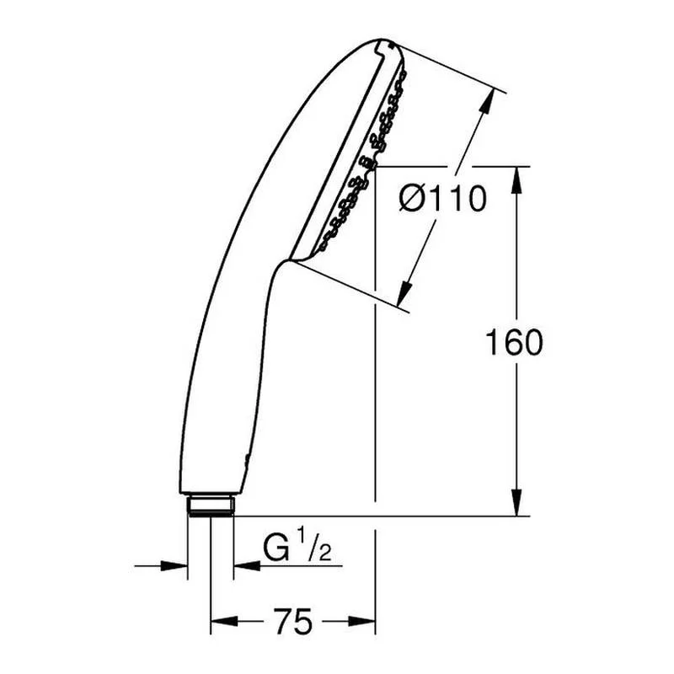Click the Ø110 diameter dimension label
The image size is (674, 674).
[x=443, y=199]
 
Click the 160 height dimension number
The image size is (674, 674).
[x=514, y=342]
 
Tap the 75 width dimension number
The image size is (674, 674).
[x=292, y=621]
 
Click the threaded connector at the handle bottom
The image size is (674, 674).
[x=211, y=506]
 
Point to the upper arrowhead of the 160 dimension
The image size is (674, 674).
[x=517, y=179]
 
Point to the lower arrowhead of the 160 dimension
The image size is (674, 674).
[x=517, y=502]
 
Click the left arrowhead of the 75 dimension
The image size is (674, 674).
[x=224, y=621]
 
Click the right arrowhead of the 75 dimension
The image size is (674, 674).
[x=362, y=621]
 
